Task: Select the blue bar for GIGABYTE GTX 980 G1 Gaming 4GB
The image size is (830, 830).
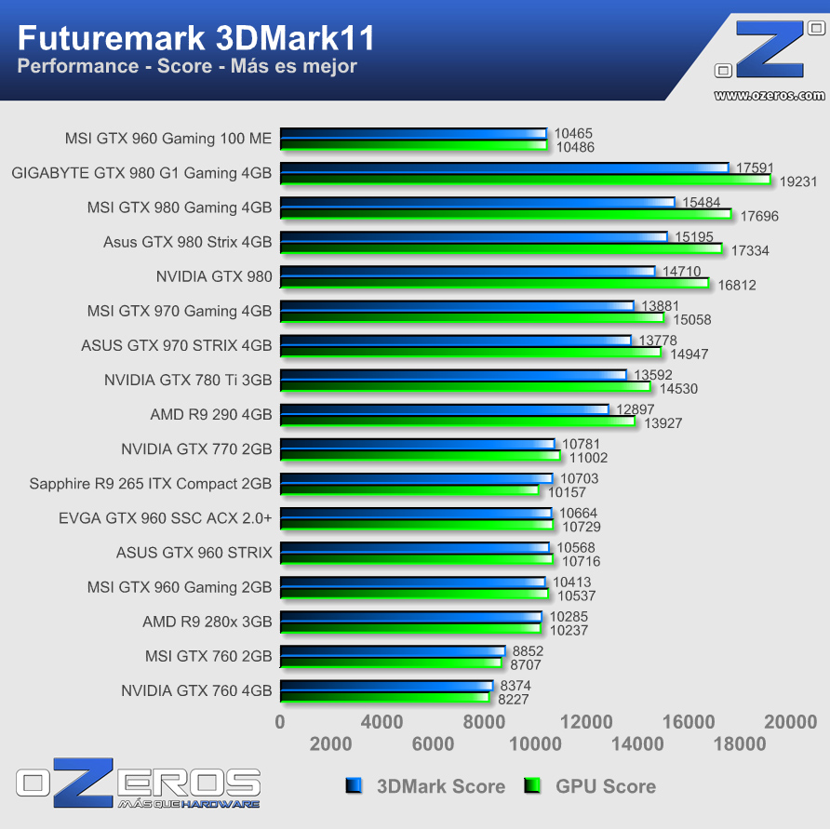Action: tap(503, 167)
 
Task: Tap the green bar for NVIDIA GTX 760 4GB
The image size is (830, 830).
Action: tap(384, 696)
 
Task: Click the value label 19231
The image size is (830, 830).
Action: tap(797, 181)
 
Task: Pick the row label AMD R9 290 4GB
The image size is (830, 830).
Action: tap(211, 415)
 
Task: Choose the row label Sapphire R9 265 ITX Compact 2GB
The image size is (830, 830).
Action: tap(151, 484)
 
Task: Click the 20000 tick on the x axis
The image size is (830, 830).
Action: tap(791, 722)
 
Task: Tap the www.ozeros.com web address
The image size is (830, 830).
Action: tap(769, 95)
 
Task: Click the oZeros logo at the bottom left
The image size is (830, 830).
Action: tap(138, 783)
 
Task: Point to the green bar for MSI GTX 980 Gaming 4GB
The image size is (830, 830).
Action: tap(505, 214)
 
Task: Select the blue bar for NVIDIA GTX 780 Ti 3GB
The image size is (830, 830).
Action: tap(453, 374)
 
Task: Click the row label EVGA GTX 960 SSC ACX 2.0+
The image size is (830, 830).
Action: tap(165, 518)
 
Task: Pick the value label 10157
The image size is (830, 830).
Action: tap(566, 491)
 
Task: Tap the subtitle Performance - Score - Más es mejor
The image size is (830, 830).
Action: tap(187, 66)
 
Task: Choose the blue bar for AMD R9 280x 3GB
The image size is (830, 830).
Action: tap(410, 616)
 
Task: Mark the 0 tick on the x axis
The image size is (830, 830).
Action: tap(280, 722)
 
